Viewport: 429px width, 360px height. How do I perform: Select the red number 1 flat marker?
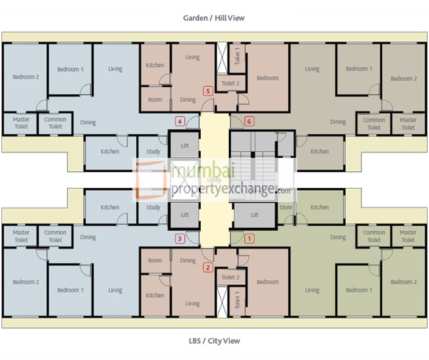point(248,239)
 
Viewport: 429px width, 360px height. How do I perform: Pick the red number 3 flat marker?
point(179,239)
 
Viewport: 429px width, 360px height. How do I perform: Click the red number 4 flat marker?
point(180,121)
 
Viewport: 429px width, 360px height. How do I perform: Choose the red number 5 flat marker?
point(208,92)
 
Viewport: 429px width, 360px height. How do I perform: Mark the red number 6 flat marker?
point(248,121)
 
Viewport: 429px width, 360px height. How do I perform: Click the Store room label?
point(286,208)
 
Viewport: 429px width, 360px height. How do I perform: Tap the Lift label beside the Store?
point(255,215)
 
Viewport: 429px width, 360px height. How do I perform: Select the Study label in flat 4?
point(154,151)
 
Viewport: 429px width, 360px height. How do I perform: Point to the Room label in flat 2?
point(155,260)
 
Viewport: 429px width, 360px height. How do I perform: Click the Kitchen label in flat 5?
point(155,66)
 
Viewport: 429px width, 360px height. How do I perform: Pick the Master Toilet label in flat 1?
point(408,236)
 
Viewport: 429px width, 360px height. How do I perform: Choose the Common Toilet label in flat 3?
point(55,236)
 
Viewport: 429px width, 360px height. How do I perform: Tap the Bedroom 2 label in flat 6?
point(404,79)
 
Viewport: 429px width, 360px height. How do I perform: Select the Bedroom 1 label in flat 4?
point(70,69)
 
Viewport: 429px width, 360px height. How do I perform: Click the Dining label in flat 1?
point(338,237)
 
